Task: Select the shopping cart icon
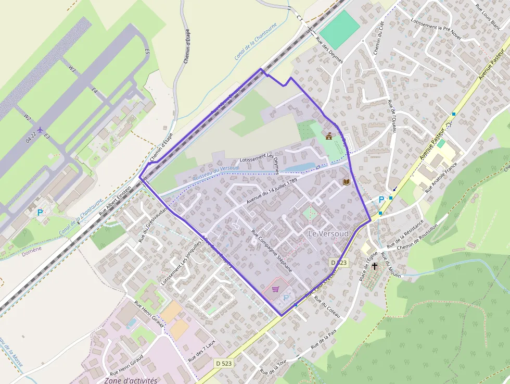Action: [x=275, y=289]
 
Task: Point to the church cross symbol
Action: [x=374, y=266]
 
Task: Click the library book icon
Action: [x=346, y=182]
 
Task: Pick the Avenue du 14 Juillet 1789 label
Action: [x=272, y=191]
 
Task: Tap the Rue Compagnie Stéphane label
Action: [x=272, y=253]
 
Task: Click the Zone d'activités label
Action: [x=131, y=380]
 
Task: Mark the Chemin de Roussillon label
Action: [x=418, y=237]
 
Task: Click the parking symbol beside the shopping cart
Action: [x=286, y=298]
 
